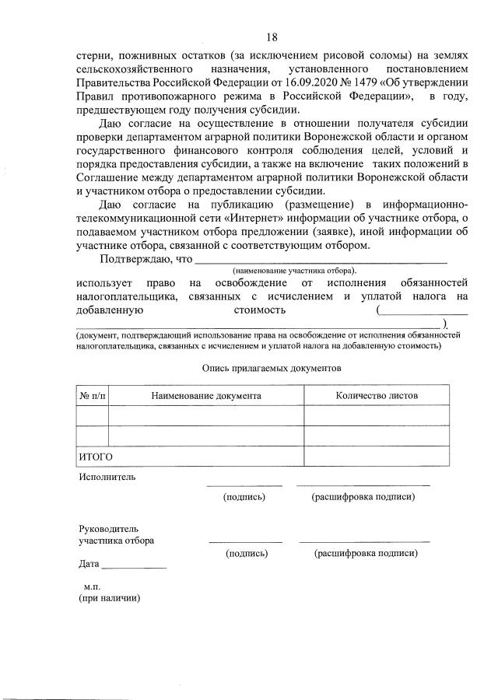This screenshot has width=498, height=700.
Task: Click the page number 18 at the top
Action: (271, 37)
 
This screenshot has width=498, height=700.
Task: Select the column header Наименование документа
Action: (205, 395)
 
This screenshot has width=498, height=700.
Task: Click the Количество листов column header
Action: (377, 395)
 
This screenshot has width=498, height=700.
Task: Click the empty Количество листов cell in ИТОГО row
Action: (377, 457)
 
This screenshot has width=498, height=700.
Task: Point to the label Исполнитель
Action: (107, 477)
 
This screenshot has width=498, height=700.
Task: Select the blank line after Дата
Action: (134, 567)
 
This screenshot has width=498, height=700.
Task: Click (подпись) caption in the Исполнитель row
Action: (244, 497)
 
